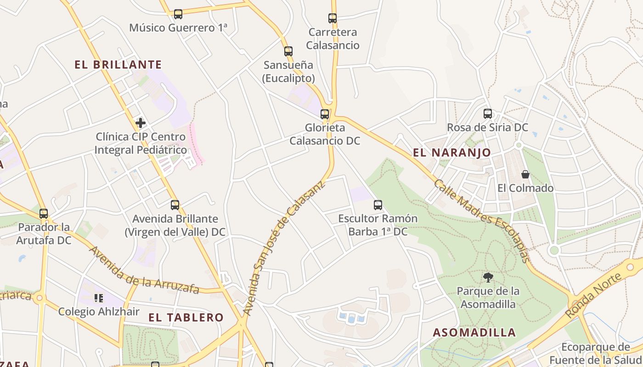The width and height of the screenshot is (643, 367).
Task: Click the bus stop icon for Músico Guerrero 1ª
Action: tap(178, 14)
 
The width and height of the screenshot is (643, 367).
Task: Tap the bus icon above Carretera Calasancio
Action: tap(333, 18)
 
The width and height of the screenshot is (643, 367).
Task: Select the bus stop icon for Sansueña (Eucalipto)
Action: tap(288, 51)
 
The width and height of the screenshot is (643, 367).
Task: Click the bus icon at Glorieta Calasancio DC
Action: tap(325, 114)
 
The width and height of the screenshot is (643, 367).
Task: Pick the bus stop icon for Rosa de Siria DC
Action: tap(488, 113)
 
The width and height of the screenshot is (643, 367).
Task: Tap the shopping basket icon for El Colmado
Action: tap(525, 174)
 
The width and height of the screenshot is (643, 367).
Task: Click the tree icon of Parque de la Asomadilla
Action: tap(488, 277)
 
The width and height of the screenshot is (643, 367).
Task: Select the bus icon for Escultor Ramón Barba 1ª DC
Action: tap(378, 205)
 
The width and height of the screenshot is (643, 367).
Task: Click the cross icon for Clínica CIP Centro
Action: tap(141, 123)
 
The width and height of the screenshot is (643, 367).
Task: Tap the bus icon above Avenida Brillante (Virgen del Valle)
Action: tap(175, 205)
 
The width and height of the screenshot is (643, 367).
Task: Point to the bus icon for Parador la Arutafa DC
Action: tap(44, 213)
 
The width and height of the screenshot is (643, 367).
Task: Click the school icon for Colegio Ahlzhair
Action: tap(98, 298)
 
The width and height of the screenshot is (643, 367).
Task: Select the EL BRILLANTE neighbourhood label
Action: tap(118, 65)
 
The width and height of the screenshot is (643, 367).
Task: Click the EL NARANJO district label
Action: tap(452, 153)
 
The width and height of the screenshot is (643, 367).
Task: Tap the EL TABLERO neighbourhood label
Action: tap(186, 317)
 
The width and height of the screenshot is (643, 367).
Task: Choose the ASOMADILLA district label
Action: tap(474, 333)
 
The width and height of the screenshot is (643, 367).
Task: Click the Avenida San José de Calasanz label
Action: tap(283, 248)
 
